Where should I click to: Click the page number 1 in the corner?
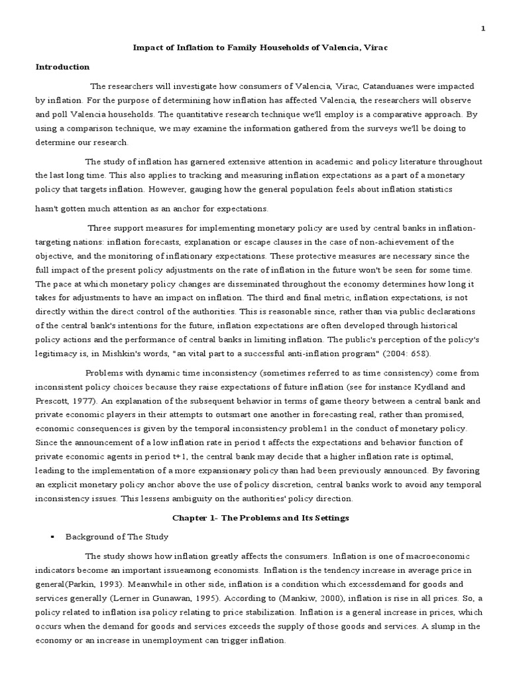point(483,29)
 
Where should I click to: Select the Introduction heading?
point(62,67)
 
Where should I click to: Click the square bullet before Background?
point(52,537)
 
